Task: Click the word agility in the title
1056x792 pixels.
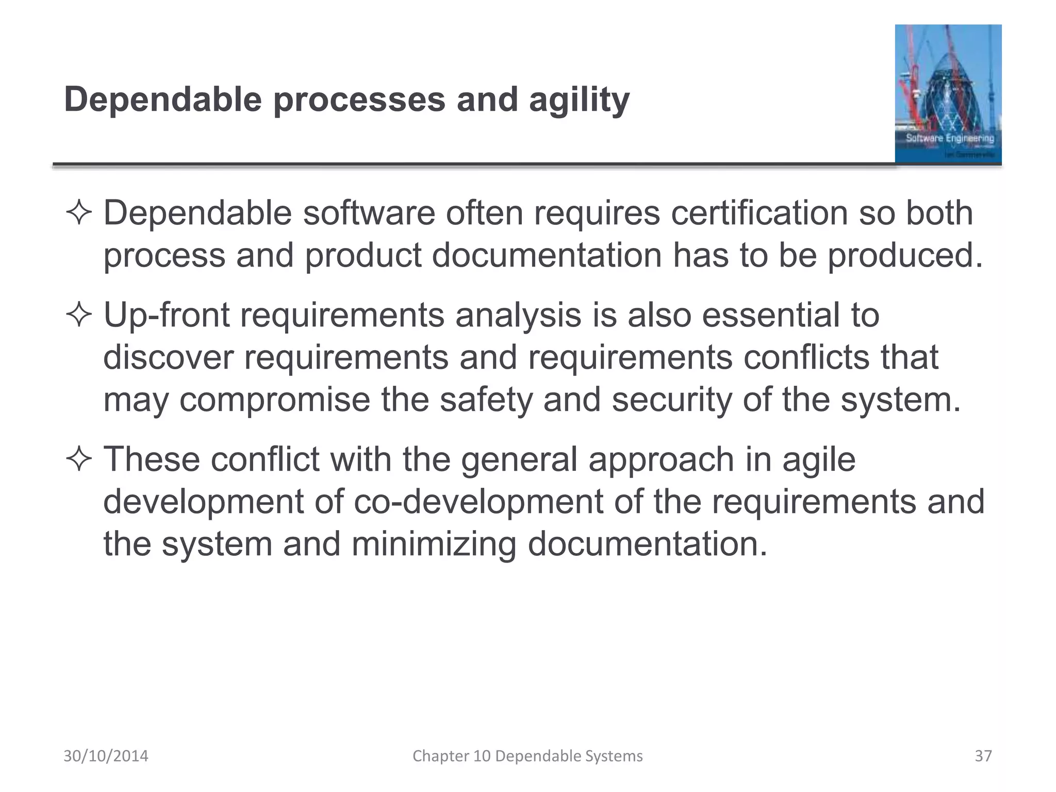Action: (x=579, y=100)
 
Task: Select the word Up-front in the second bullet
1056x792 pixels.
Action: (x=167, y=315)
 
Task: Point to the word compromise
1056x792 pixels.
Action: (x=274, y=400)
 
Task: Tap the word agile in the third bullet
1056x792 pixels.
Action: (x=818, y=459)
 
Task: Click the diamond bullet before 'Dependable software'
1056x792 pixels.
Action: (x=79, y=213)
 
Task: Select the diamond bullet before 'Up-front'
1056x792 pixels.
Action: (x=79, y=316)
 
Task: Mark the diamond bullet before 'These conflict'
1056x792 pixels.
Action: (x=79, y=459)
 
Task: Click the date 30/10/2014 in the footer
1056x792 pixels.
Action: (x=106, y=756)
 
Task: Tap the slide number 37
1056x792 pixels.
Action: (x=983, y=756)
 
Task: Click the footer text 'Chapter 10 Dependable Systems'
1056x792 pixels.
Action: (x=527, y=756)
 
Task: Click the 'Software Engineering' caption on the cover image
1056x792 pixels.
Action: (x=950, y=138)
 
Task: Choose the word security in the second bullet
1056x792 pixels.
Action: (x=672, y=400)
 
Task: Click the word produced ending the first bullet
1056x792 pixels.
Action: (x=905, y=255)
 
